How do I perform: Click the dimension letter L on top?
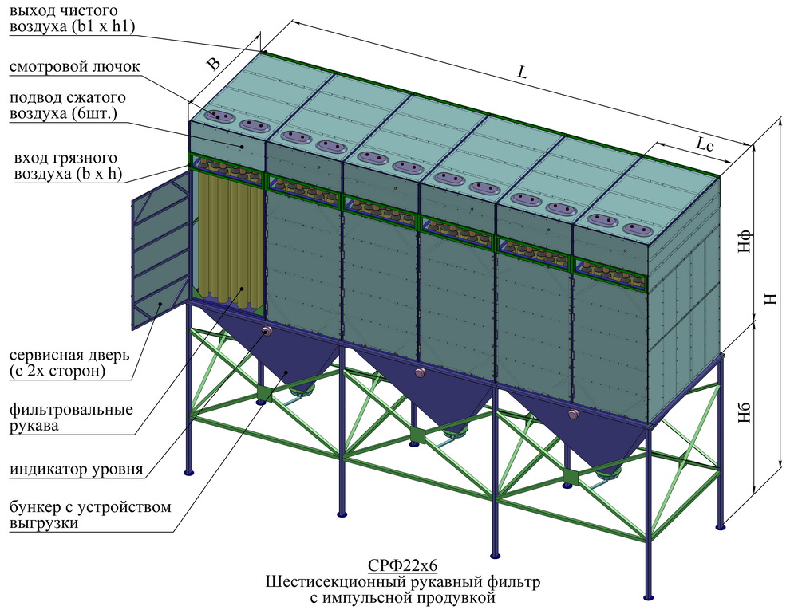[522, 73]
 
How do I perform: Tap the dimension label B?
[214, 64]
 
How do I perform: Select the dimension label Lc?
[705, 145]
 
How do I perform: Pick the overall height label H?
[772, 299]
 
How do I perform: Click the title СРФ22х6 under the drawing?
[402, 565]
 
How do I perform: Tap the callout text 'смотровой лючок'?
[74, 67]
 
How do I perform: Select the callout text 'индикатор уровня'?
[77, 469]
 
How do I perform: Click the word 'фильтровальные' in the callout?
[71, 410]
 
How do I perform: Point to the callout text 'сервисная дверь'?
[69, 355]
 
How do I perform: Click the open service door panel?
[160, 250]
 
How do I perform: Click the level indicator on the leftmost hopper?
[267, 331]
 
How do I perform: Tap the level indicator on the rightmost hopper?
[573, 415]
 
